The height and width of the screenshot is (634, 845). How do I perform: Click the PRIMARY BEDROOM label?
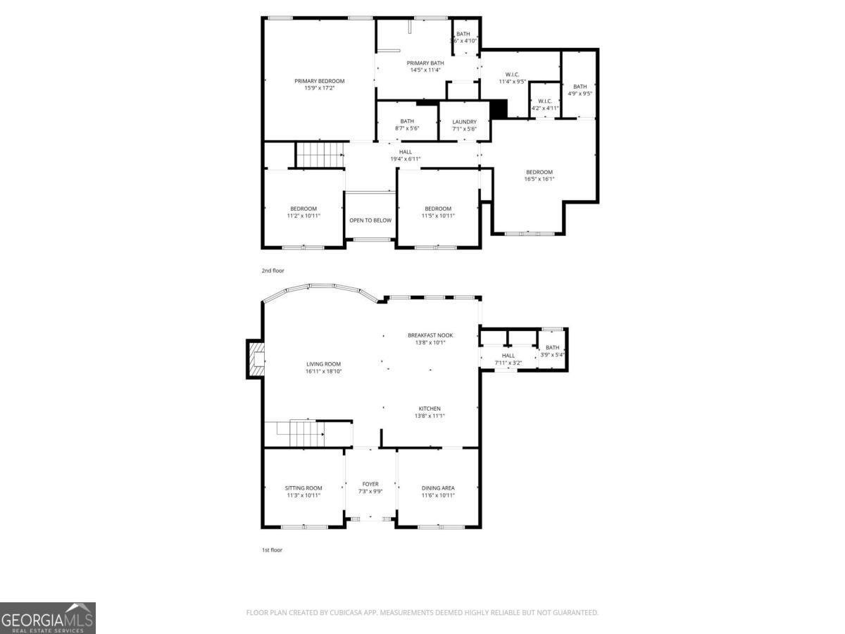click(x=319, y=81)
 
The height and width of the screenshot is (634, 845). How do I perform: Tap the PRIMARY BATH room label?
click(x=425, y=63)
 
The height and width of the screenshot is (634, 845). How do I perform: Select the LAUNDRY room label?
click(x=464, y=122)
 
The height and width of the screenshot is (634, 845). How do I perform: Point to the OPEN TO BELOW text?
click(x=370, y=220)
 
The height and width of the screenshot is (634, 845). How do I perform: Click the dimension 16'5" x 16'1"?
click(x=539, y=179)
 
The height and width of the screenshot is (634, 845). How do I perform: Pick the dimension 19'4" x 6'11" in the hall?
click(x=406, y=158)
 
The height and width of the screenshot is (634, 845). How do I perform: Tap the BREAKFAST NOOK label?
click(x=430, y=335)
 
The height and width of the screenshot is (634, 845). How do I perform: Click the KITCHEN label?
click(x=430, y=409)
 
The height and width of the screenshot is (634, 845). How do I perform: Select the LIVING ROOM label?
click(x=323, y=364)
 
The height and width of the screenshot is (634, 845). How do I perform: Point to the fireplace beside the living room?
click(x=256, y=359)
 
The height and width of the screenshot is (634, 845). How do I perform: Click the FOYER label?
click(x=370, y=484)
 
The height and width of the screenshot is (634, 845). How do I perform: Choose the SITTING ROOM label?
click(x=303, y=488)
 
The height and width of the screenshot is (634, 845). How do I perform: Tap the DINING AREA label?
click(x=438, y=488)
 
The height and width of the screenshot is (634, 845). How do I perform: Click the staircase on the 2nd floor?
click(x=318, y=154)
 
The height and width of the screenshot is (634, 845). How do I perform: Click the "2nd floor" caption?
click(x=273, y=271)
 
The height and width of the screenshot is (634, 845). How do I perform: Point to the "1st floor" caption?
click(x=272, y=549)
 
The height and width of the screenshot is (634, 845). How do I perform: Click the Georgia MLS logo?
click(x=47, y=618)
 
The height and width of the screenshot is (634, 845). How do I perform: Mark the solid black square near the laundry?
click(x=499, y=108)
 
